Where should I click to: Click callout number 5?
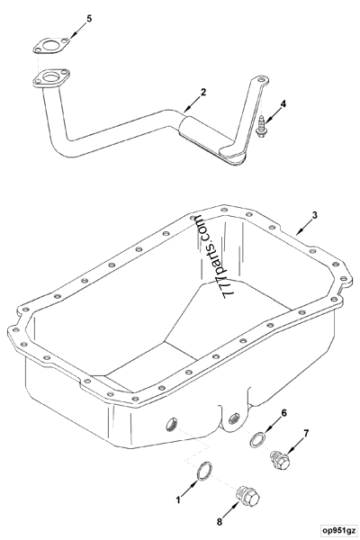tap(87, 18)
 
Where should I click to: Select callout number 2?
tap(203, 92)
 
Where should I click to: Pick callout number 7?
tap(305, 433)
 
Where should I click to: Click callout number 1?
tap(178, 498)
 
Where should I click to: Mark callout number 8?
tap(219, 520)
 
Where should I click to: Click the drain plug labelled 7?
tap(280, 462)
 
